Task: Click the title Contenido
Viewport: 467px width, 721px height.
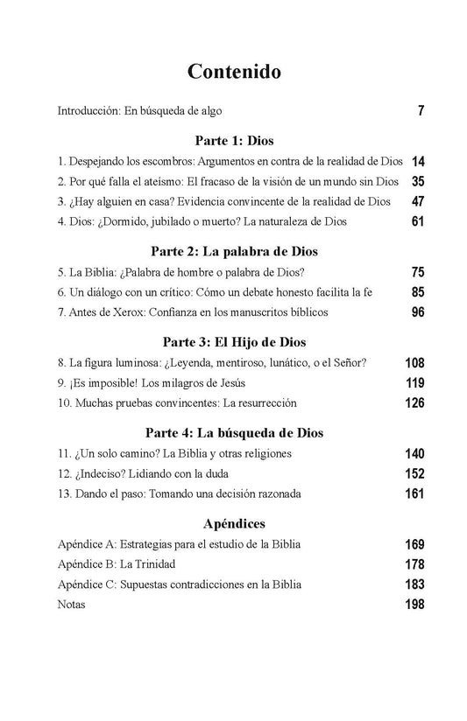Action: pyautogui.click(x=233, y=71)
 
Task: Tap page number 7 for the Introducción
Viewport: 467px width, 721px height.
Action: pyautogui.click(x=421, y=112)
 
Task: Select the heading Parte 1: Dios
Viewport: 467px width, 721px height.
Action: pyautogui.click(x=233, y=139)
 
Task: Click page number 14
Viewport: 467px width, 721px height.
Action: pyautogui.click(x=417, y=162)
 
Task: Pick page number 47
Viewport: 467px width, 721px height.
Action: pyautogui.click(x=417, y=202)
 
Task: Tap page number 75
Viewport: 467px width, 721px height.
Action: pyautogui.click(x=417, y=272)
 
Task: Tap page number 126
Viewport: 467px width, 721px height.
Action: pyautogui.click(x=414, y=403)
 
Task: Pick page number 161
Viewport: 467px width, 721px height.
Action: pyautogui.click(x=414, y=494)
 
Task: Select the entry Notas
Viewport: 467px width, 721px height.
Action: pyautogui.click(x=71, y=605)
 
